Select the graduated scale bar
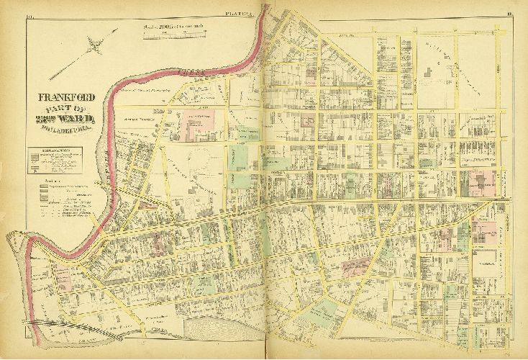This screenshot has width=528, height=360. tap(174, 34)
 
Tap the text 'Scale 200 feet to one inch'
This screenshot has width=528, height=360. tap(173, 27)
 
